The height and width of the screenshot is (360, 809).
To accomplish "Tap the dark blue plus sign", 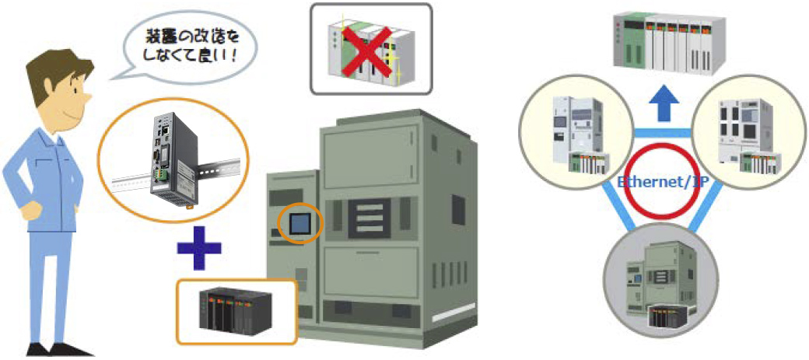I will [x=198, y=250].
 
